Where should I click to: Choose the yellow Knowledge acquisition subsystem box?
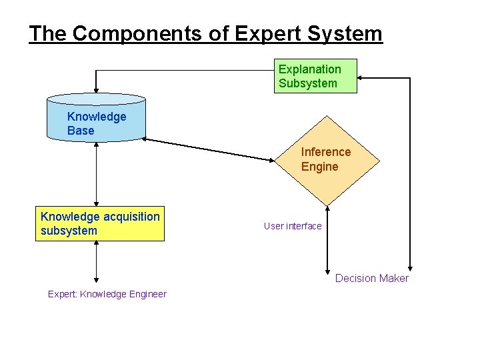(100, 223)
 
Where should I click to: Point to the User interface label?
(293, 226)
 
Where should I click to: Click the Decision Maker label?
(371, 278)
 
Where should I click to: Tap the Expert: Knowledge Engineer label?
(107, 294)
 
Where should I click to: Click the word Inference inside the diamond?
(326, 152)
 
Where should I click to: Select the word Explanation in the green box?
(309, 69)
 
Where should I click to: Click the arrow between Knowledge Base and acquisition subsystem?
(97, 173)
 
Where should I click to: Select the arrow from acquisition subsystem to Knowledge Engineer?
(97, 261)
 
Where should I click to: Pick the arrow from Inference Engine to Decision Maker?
(327, 240)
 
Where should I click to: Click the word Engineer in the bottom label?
(147, 294)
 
